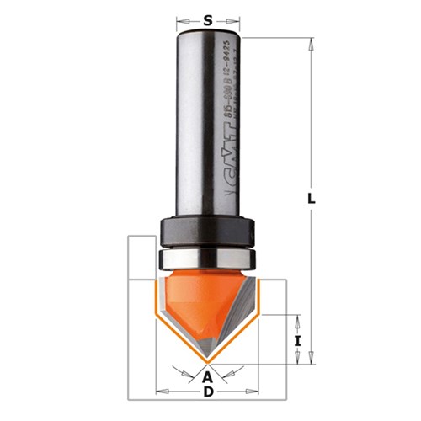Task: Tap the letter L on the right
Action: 312,199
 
